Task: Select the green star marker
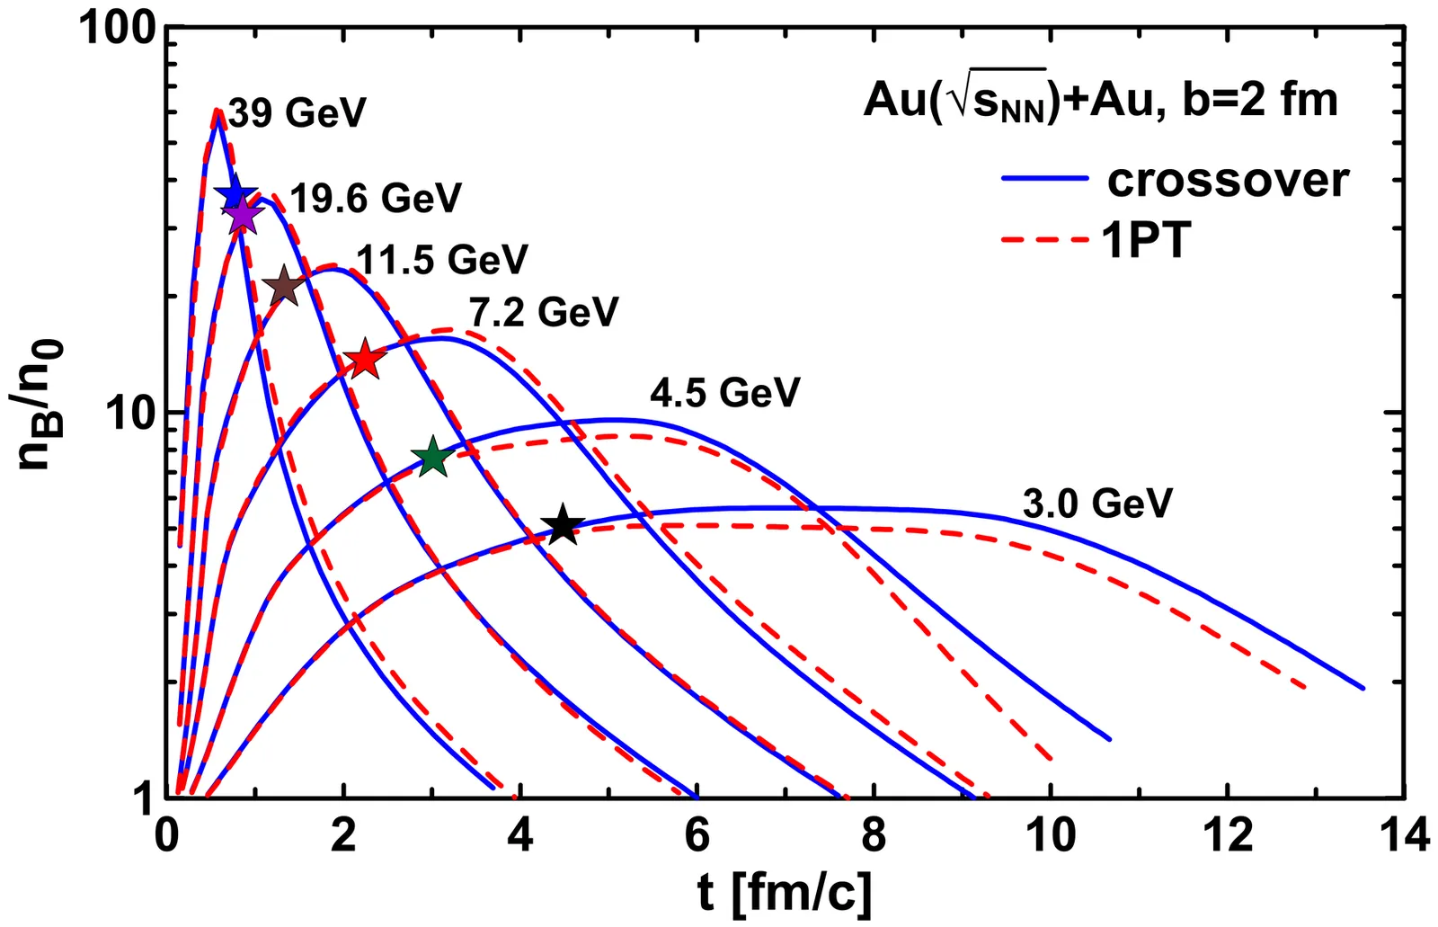click(x=433, y=457)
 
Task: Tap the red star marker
click(x=365, y=360)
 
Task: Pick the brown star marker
click(x=284, y=288)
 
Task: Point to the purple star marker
click(x=241, y=216)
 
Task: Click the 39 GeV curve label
click(x=297, y=113)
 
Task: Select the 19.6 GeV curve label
click(x=376, y=198)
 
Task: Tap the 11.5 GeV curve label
click(x=442, y=260)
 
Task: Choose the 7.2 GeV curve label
click(x=544, y=312)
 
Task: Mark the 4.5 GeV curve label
click(x=724, y=393)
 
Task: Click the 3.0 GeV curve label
click(x=1097, y=504)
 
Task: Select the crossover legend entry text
click(x=1228, y=180)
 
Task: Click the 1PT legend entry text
click(x=1146, y=240)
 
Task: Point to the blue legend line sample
click(x=1045, y=180)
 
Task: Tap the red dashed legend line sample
click(x=1045, y=240)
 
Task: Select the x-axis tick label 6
click(x=697, y=836)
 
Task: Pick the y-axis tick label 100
click(x=118, y=29)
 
